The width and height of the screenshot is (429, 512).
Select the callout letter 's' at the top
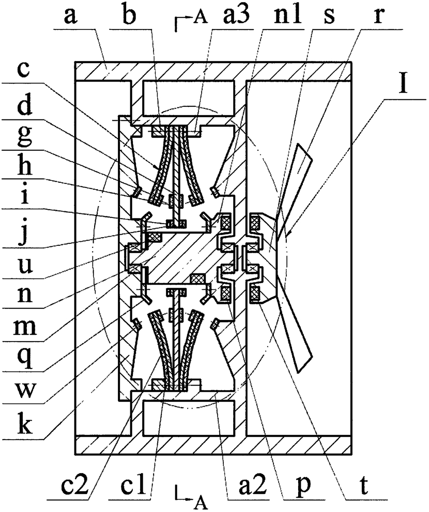click(329, 17)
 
